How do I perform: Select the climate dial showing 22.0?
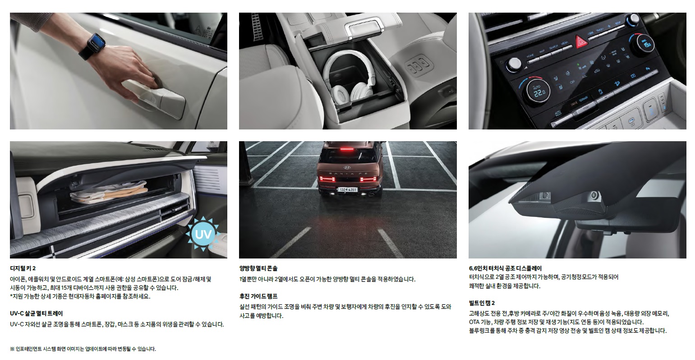(x=538, y=90)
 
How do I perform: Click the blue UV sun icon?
(x=203, y=234)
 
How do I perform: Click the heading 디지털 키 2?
(x=23, y=268)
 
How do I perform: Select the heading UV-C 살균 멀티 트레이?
(x=36, y=314)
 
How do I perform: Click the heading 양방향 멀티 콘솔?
(x=258, y=268)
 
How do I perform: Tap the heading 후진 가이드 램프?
(x=258, y=296)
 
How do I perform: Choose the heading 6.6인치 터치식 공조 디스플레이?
(x=505, y=268)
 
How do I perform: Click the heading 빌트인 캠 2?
(x=482, y=303)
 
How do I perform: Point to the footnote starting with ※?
(x=83, y=349)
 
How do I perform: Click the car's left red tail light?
(x=327, y=179)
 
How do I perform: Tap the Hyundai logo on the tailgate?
(x=347, y=167)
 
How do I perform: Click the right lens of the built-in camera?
(x=594, y=195)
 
